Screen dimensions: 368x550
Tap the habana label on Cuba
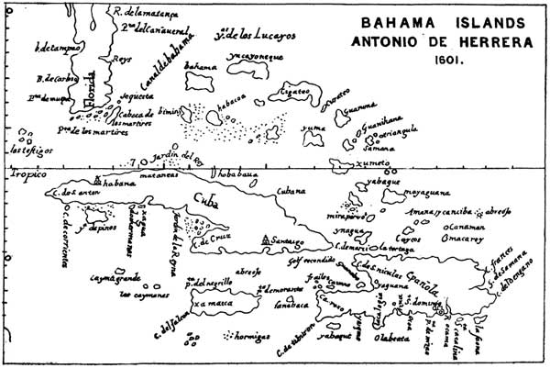(x=118, y=183)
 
